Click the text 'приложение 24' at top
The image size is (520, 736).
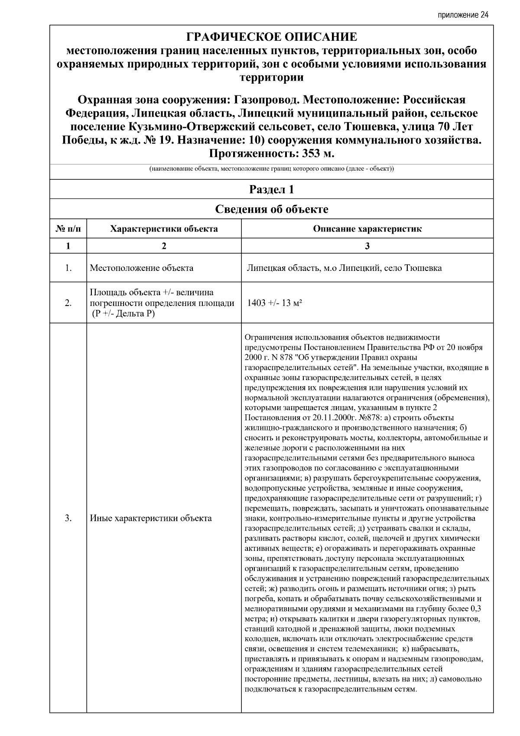click(x=463, y=15)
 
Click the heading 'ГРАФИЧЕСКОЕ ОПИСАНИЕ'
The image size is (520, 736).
click(x=271, y=37)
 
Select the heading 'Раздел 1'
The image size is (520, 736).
click(x=271, y=189)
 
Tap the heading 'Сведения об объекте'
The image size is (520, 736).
click(x=271, y=209)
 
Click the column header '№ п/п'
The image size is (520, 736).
click(x=68, y=229)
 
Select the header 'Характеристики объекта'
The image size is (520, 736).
click(x=164, y=229)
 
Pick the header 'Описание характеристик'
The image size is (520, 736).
click(x=367, y=229)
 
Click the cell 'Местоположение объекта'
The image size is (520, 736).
click(x=142, y=268)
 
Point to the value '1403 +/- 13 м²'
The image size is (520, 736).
click(x=274, y=303)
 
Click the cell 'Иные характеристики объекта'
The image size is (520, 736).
click(x=151, y=518)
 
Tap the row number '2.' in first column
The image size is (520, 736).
click(x=68, y=303)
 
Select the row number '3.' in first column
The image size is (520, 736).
click(x=68, y=518)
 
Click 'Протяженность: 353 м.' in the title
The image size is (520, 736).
click(x=271, y=154)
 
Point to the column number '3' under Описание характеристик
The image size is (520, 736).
click(x=367, y=246)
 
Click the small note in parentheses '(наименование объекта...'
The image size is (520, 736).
click(x=271, y=169)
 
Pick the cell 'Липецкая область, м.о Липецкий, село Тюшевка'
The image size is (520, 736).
click(x=344, y=268)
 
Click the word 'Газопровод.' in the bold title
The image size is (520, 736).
click(x=266, y=100)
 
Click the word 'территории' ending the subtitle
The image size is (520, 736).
click(x=271, y=78)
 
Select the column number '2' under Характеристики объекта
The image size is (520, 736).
click(x=164, y=246)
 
